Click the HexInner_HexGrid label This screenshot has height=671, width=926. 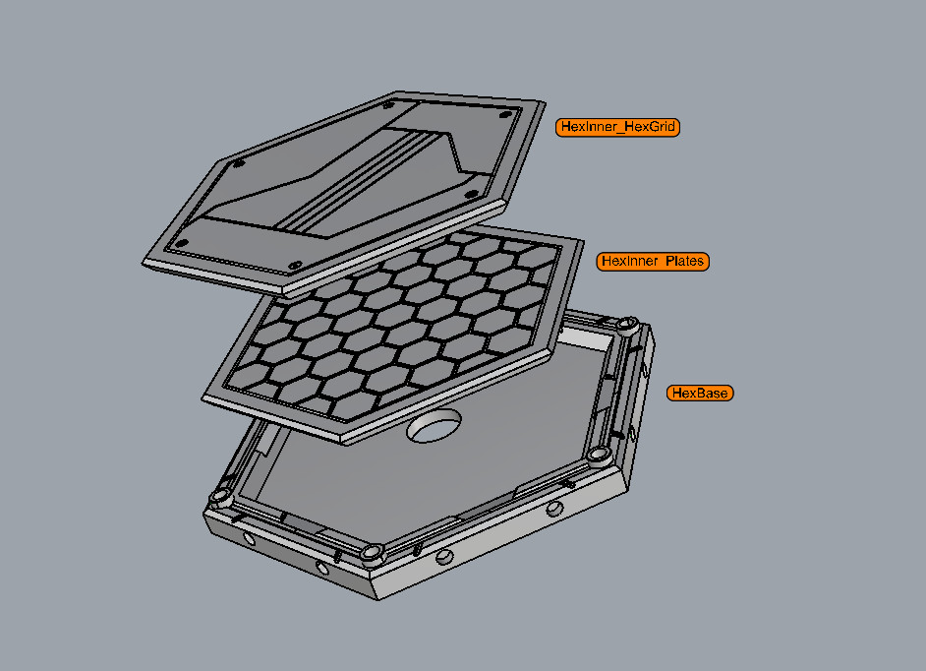tap(617, 127)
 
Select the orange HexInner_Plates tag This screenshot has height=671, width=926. tap(652, 261)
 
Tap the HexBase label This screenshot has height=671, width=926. tap(700, 393)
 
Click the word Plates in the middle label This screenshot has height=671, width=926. tap(684, 261)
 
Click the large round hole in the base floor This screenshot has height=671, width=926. tap(434, 427)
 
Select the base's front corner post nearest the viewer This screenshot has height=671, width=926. tap(372, 552)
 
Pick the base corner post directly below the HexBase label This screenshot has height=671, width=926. tap(599, 456)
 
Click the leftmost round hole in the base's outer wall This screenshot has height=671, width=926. tap(246, 539)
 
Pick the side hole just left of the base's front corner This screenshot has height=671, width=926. tap(322, 568)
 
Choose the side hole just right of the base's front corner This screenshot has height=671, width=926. tap(446, 557)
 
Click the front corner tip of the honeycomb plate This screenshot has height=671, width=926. tap(344, 440)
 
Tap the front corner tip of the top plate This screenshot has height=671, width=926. tap(288, 293)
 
